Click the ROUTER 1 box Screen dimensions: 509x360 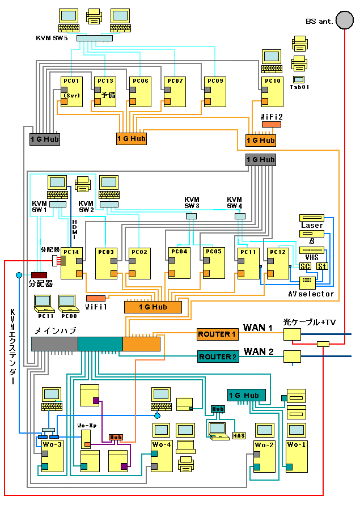coord(217,334)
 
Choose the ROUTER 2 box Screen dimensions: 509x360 coord(217,357)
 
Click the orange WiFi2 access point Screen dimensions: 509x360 coord(271,124)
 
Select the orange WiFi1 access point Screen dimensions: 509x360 coord(95,298)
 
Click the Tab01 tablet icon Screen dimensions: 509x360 coord(298,79)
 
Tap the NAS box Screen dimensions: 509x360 coord(239,435)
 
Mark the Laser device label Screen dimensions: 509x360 coord(312,225)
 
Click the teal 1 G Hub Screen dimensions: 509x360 coord(244,395)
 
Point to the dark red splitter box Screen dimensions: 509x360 coord(39,275)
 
